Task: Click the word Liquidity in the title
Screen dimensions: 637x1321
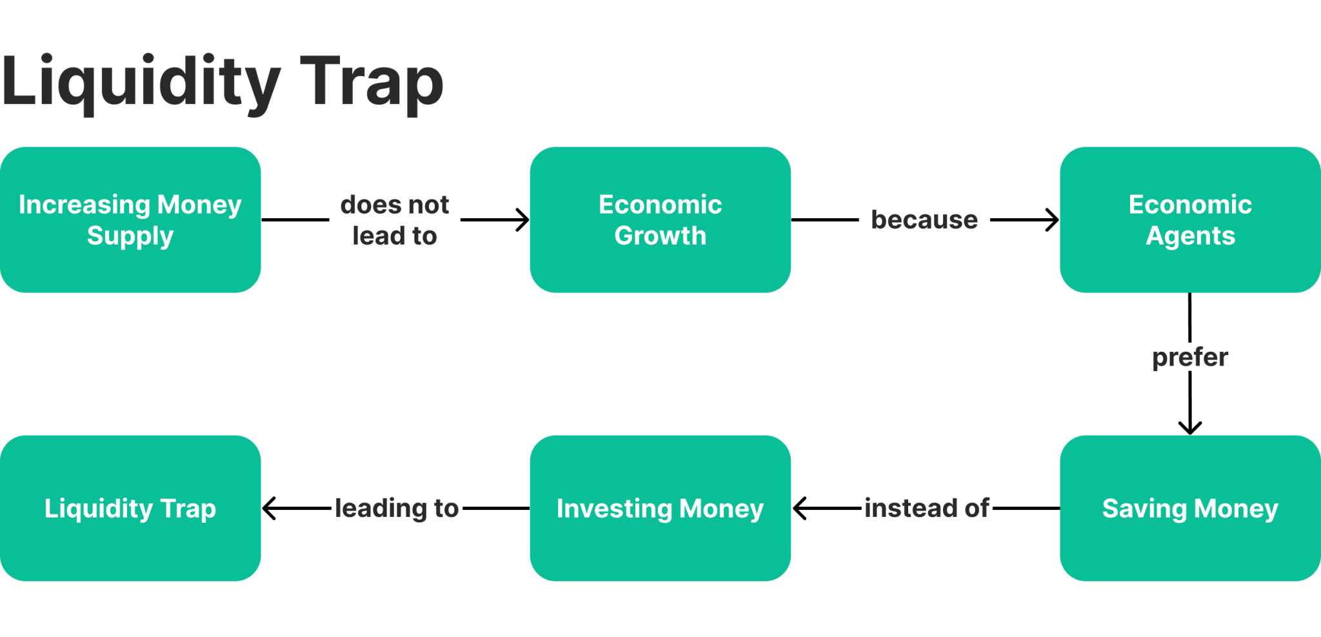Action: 141,83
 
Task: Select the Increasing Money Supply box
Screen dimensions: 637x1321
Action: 130,219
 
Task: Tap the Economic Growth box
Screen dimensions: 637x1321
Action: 660,219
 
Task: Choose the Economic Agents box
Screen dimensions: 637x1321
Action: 1190,219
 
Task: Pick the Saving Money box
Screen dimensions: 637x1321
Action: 1190,508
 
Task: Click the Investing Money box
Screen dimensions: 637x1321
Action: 660,508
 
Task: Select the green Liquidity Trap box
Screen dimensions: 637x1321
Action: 130,508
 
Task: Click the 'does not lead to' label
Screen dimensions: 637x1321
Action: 394,220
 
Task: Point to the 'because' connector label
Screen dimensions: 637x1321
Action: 924,220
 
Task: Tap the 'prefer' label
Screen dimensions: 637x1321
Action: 1190,357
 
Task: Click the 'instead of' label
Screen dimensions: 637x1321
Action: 926,508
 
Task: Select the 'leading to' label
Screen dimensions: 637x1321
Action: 396,508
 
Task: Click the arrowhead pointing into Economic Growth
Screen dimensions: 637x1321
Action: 523,219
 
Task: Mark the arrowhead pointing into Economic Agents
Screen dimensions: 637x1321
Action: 1053,219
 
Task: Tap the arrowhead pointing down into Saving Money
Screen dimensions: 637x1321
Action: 1190,428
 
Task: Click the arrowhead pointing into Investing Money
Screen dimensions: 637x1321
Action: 799,508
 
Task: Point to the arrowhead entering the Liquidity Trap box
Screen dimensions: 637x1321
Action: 269,508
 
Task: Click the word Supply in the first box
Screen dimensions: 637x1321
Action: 130,236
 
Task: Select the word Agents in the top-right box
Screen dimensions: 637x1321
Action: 1190,236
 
